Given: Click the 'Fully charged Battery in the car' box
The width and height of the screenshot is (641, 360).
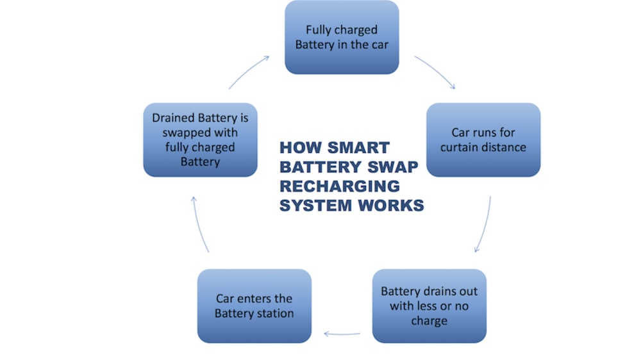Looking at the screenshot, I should click(x=342, y=37).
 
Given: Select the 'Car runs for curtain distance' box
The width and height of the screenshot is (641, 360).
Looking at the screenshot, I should click(x=483, y=140).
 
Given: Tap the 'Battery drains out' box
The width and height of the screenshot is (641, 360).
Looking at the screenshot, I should click(x=429, y=306).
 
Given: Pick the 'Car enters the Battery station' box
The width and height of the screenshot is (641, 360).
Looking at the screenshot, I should click(x=254, y=306).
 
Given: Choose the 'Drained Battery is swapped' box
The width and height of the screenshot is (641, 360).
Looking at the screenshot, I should click(x=200, y=140).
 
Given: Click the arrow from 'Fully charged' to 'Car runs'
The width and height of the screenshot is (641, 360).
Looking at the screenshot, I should click(x=435, y=72).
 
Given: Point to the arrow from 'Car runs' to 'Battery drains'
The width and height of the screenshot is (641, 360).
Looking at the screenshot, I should click(x=485, y=224).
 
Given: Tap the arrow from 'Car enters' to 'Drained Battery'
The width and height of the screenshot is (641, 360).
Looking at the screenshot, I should click(x=201, y=224).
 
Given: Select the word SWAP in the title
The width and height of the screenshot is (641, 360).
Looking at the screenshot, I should click(x=391, y=167).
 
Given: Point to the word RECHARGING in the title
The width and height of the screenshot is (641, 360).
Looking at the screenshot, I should click(x=340, y=186).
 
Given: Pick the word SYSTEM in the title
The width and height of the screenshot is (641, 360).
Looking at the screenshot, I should click(x=316, y=206).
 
